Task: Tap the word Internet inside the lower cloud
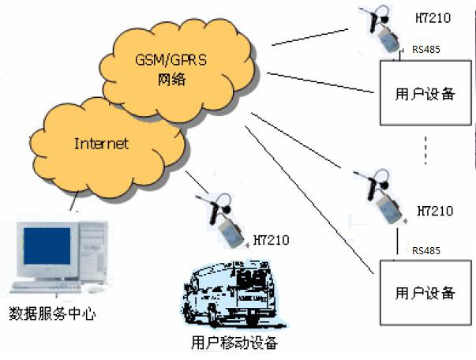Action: [101, 144]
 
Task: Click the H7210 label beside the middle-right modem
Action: [433, 212]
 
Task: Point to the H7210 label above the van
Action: [272, 239]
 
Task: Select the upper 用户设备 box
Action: [424, 94]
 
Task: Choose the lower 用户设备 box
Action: [424, 294]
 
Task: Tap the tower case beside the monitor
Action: [92, 253]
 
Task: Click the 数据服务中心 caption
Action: [52, 314]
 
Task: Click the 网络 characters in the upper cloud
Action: [173, 80]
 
